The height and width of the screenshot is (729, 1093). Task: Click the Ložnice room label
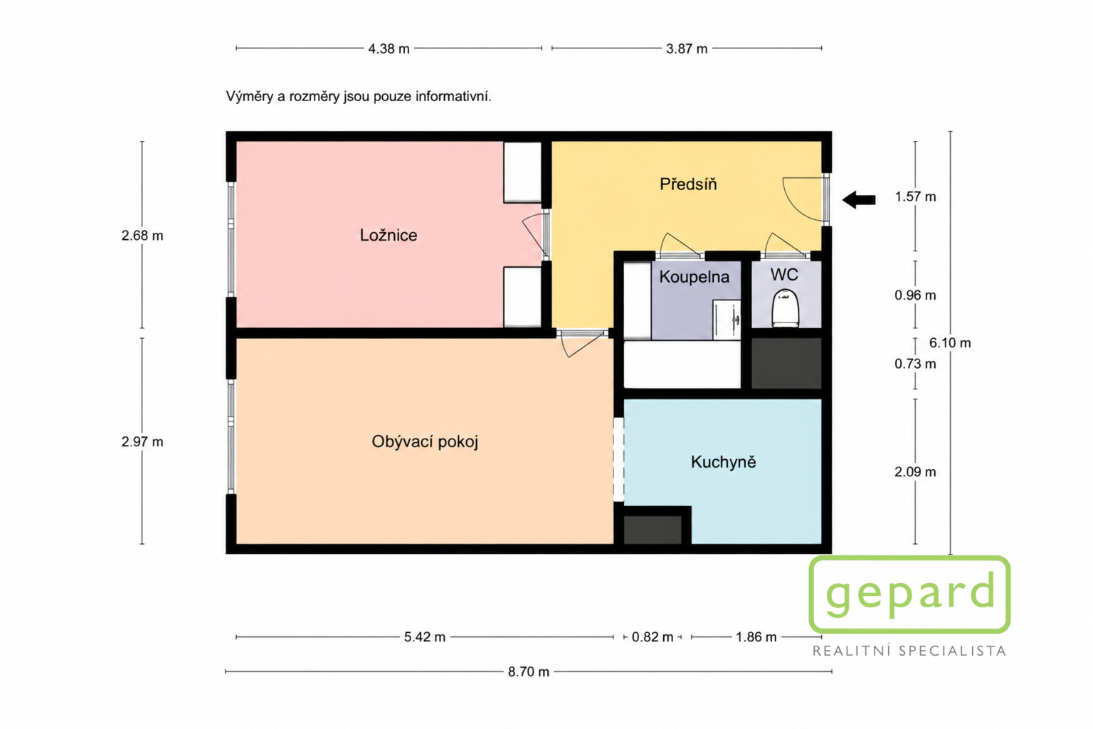[x=389, y=236]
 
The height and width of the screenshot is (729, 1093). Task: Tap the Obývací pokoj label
[x=425, y=441]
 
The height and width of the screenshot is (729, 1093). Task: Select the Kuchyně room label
[x=723, y=461]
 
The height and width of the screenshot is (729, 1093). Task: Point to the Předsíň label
[x=688, y=184]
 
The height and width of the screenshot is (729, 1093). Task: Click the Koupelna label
[x=694, y=277]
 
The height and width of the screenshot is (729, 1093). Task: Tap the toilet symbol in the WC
[x=785, y=308]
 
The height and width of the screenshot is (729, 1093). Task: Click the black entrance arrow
[x=859, y=200]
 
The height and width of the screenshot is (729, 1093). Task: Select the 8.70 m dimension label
[x=529, y=672]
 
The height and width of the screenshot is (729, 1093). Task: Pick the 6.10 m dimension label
[x=949, y=342]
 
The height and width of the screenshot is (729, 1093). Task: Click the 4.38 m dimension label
[x=389, y=49]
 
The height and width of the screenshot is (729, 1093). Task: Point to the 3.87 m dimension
[x=687, y=49]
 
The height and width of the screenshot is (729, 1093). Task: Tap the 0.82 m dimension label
[x=653, y=637]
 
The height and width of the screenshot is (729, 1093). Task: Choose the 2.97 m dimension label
[x=142, y=442]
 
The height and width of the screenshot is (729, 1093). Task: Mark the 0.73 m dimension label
[x=915, y=364]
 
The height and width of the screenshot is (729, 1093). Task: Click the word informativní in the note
[x=453, y=96]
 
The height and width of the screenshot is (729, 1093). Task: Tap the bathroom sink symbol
[x=727, y=320]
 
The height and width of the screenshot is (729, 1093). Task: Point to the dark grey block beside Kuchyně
[x=653, y=529]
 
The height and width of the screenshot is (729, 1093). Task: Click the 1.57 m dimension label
[x=915, y=196]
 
